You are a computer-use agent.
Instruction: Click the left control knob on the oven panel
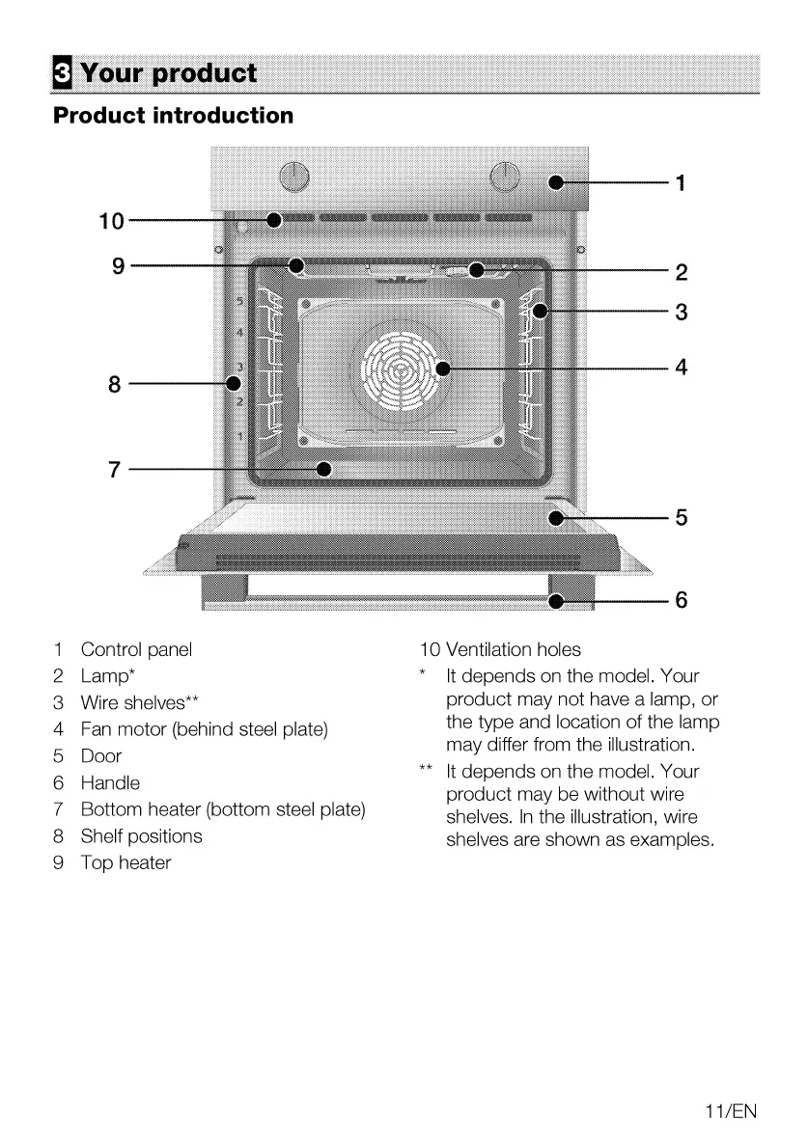(x=293, y=178)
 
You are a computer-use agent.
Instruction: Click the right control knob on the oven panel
(x=505, y=178)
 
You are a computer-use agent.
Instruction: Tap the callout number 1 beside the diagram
(x=681, y=182)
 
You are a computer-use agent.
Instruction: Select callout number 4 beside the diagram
(x=681, y=367)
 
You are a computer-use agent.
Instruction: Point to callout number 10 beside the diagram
(x=112, y=221)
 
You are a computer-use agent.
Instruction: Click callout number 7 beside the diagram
(x=115, y=470)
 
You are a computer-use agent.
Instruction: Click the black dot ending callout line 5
(x=556, y=518)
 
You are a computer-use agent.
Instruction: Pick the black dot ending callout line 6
(x=556, y=601)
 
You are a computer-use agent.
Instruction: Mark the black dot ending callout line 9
(x=296, y=264)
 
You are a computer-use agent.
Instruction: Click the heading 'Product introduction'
(x=174, y=116)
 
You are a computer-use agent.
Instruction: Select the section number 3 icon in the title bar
(x=62, y=73)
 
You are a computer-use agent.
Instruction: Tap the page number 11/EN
(x=731, y=1111)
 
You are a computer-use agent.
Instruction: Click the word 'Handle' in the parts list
(x=110, y=783)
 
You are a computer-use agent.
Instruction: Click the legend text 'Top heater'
(x=125, y=863)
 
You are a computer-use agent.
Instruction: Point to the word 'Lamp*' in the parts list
(x=106, y=676)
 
